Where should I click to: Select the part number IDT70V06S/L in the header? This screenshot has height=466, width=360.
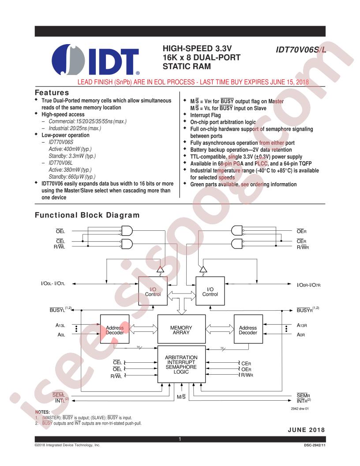(300, 49)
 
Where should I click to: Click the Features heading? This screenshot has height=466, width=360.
(52, 92)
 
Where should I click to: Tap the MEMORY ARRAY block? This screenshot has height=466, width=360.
(181, 329)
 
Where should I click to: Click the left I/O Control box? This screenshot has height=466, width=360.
(153, 291)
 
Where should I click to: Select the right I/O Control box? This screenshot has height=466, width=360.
(210, 291)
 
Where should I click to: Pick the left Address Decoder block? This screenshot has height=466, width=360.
(115, 329)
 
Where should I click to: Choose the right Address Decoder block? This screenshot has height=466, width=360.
(248, 329)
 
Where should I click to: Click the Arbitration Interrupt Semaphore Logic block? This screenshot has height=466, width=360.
(181, 365)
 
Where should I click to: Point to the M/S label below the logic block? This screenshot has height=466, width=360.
(181, 397)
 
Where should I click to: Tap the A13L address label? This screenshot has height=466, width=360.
(60, 325)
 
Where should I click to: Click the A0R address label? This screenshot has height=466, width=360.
(301, 334)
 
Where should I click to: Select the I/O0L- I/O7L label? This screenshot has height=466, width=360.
(53, 283)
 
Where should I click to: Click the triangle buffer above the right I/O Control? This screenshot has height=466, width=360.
(203, 269)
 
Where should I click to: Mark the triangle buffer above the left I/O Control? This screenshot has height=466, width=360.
(161, 269)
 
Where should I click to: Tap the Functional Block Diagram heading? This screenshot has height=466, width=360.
(87, 215)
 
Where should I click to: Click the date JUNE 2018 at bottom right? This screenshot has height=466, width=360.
(306, 430)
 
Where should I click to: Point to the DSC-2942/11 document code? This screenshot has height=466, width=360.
(315, 445)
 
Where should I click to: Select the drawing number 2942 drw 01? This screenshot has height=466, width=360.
(300, 409)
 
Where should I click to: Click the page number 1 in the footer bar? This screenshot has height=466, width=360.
(180, 439)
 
